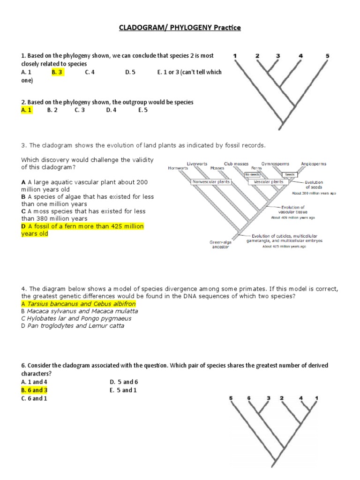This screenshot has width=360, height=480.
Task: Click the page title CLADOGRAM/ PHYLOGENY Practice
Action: point(180,28)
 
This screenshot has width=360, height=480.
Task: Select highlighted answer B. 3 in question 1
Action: point(57,72)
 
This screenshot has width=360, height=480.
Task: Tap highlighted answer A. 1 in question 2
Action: point(27,110)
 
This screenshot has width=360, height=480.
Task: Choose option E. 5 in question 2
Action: point(143,110)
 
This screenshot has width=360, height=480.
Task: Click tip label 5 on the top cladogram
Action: point(327,56)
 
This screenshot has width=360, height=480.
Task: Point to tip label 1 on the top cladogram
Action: point(235,56)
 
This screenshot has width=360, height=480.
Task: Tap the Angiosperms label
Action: point(314,164)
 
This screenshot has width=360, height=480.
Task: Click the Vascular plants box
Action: point(268,181)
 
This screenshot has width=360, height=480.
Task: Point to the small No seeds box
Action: point(252,174)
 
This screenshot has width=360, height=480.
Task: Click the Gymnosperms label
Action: point(275,164)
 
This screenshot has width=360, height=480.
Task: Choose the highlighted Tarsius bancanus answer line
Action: point(78,304)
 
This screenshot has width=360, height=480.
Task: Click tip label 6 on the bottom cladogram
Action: point(249,398)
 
